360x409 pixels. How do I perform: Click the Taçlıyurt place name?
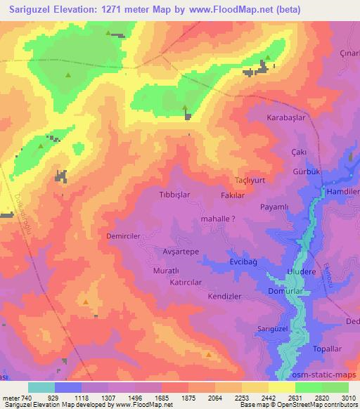pyautogui.click(x=248, y=180)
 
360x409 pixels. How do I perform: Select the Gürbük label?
pyautogui.click(x=306, y=173)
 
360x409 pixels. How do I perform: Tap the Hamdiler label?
pyautogui.click(x=344, y=191)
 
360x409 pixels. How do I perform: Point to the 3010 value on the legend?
pyautogui.click(x=348, y=397)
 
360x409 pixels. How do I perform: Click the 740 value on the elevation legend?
pyautogui.click(x=27, y=397)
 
